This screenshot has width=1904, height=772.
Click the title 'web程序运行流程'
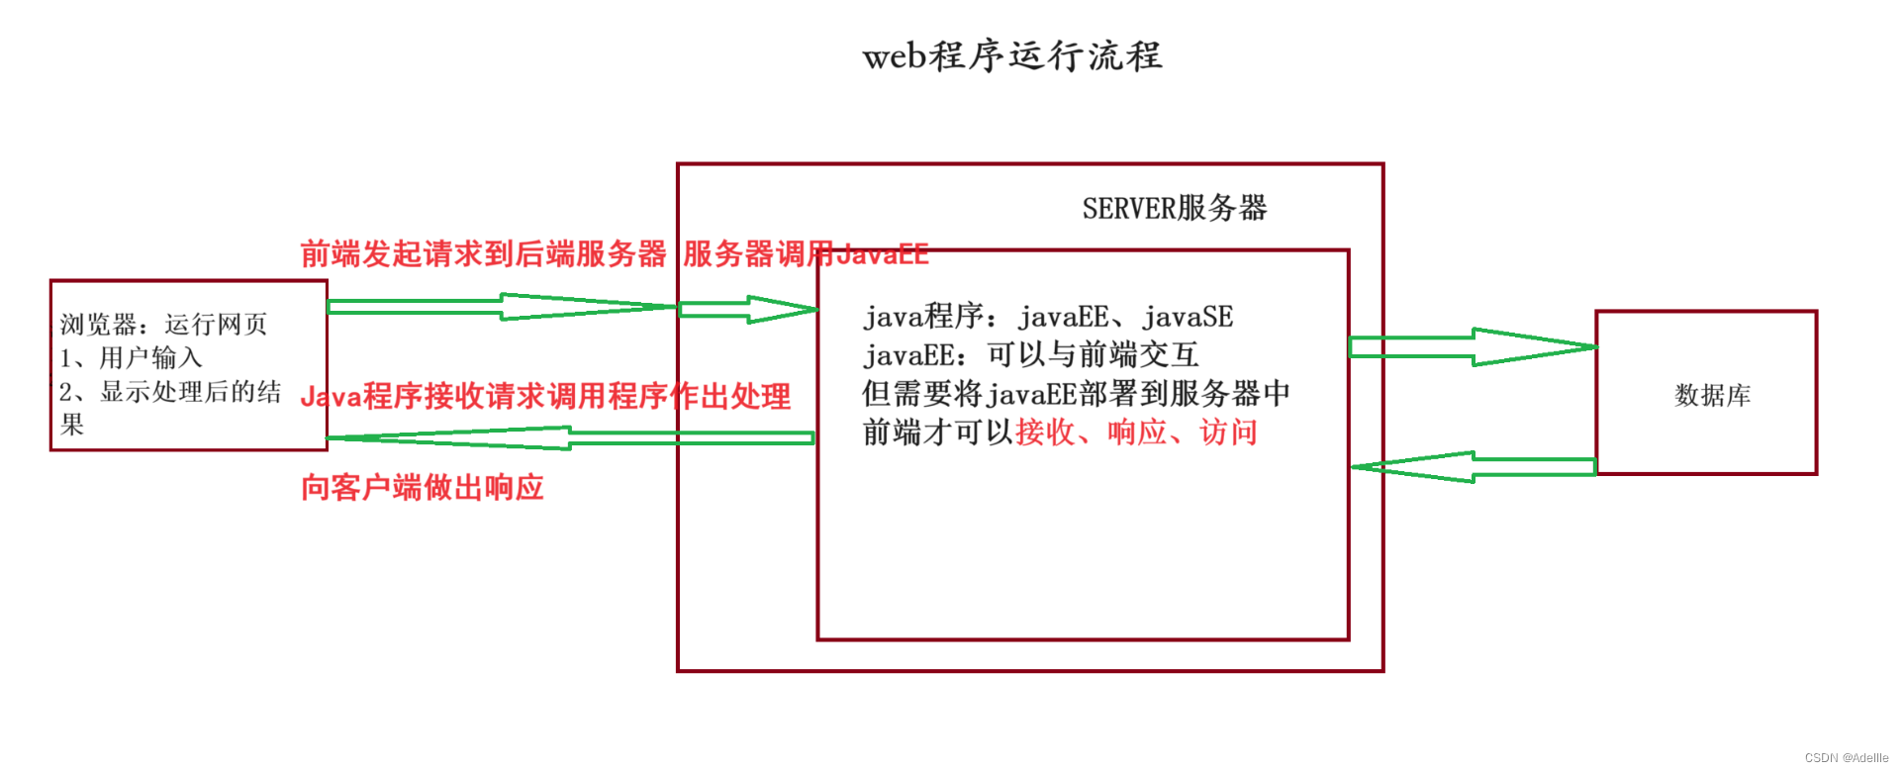tap(1011, 56)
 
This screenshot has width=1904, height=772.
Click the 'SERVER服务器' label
tap(1174, 209)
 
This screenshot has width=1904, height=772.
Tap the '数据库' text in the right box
tap(1712, 396)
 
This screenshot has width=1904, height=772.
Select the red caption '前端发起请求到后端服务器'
tap(483, 254)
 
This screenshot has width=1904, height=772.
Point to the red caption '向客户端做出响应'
tap(423, 488)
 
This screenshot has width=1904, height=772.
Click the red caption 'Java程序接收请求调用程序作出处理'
tap(545, 397)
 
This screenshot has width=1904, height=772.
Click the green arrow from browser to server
tap(500, 307)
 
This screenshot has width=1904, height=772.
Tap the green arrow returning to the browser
tap(569, 437)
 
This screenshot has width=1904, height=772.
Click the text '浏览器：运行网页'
tap(163, 325)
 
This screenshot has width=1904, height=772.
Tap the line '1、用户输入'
tap(131, 358)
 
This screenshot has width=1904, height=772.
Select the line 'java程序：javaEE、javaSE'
tap(1048, 317)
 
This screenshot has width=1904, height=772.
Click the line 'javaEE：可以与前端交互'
tap(1030, 354)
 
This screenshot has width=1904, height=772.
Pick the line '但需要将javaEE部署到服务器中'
tap(1076, 394)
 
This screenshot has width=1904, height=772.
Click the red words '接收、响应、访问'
tap(1136, 433)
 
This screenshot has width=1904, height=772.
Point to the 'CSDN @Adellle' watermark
tap(1846, 758)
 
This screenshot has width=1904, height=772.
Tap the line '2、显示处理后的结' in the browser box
tap(170, 392)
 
